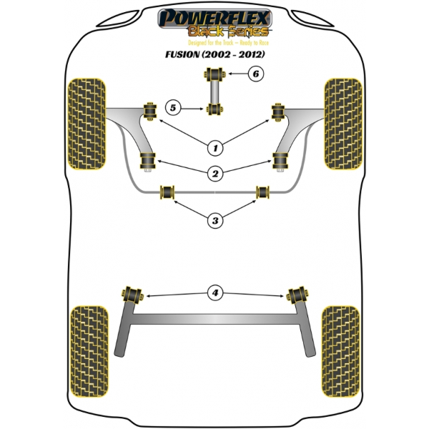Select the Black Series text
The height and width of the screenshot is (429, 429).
point(228,31)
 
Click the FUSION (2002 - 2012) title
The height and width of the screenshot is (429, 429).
point(215,54)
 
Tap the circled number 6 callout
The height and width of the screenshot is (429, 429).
point(256,74)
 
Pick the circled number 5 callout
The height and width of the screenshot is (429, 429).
point(173,108)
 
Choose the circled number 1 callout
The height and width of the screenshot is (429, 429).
point(215,148)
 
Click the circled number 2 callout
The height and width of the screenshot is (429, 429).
point(215,174)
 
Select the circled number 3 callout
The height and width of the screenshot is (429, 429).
point(215,220)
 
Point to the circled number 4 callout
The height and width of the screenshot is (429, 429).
point(215,293)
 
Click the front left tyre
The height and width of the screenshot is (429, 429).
point(87,124)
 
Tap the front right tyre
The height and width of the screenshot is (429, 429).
point(343,124)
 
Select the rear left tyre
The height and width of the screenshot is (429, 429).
point(89,352)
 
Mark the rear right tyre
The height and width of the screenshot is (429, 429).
point(340,352)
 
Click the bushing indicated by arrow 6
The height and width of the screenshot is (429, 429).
point(214,74)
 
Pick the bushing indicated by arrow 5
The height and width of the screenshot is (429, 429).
point(214,109)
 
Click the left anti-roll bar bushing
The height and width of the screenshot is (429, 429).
point(167,192)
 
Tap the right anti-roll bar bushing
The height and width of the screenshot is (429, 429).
point(263,192)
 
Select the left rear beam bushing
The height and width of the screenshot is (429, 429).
point(132,295)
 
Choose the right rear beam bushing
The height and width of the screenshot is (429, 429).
point(297,295)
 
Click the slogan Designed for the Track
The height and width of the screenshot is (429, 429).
point(211,43)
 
